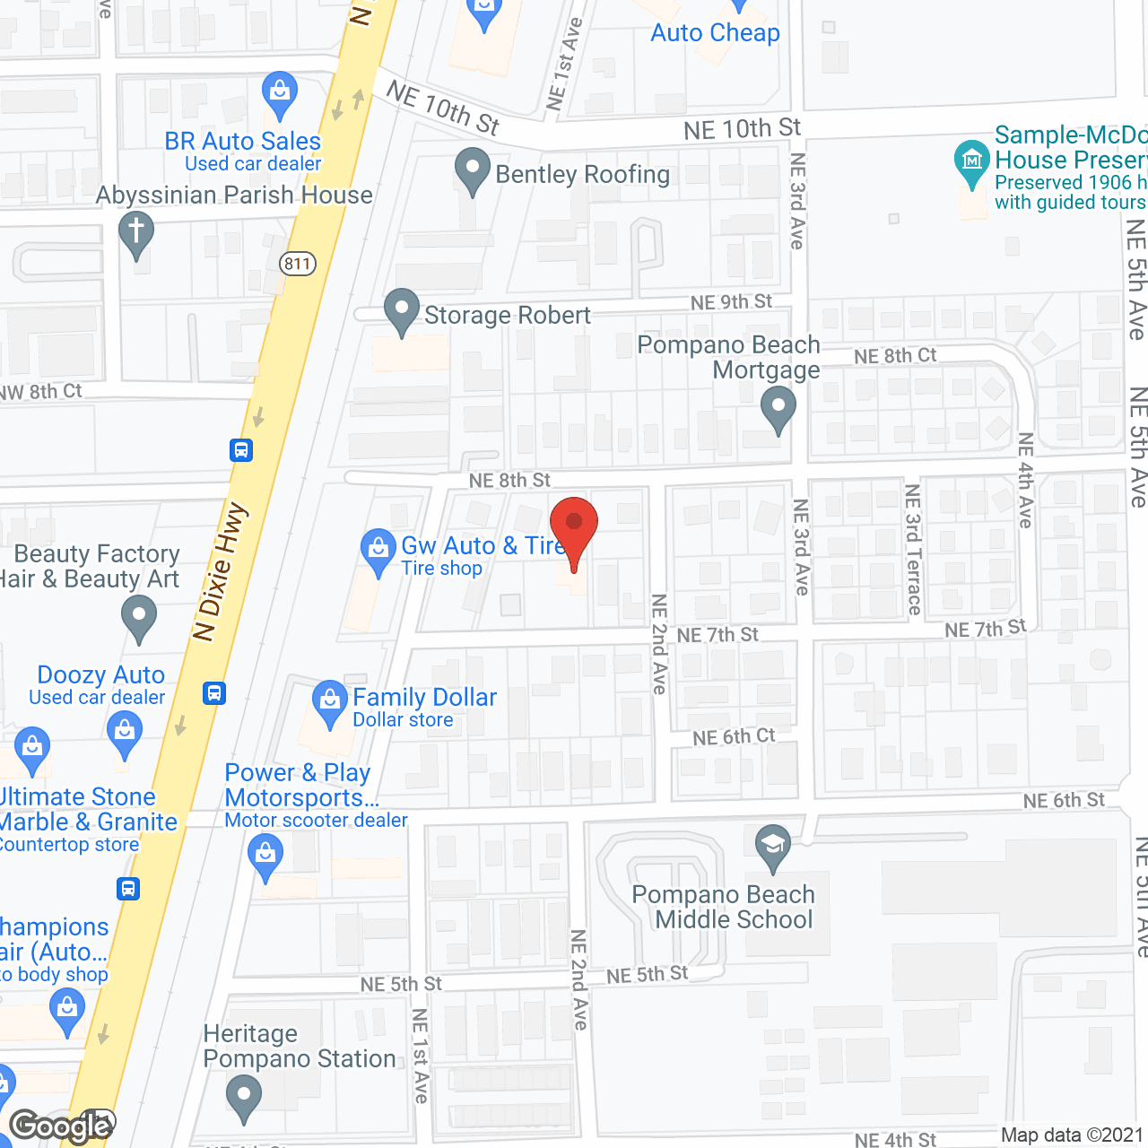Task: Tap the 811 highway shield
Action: [297, 264]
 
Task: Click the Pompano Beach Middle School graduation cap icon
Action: [773, 846]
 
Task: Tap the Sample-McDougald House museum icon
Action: [971, 161]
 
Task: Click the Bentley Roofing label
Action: [582, 174]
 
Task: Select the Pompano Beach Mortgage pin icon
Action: [778, 408]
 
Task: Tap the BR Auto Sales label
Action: [242, 142]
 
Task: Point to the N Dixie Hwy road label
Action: [220, 574]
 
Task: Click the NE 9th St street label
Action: [731, 302]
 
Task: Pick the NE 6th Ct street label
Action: [734, 736]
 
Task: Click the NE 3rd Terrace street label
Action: [913, 549]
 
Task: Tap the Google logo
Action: [61, 1126]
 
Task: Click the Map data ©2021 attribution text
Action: [1071, 1135]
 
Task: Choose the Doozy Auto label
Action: [100, 675]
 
